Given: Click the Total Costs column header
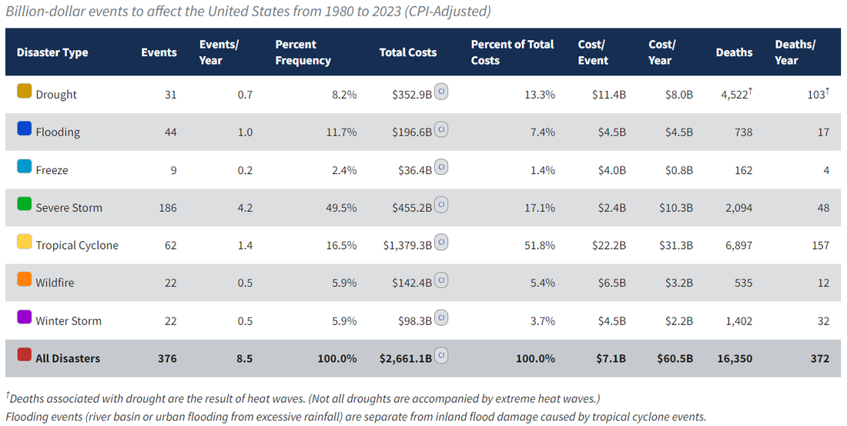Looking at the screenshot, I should tap(407, 52).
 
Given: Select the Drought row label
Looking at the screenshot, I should tap(56, 95).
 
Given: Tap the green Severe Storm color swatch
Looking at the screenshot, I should tap(24, 205).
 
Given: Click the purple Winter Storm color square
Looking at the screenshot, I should tap(24, 318).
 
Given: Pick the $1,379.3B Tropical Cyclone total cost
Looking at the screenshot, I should tap(407, 246).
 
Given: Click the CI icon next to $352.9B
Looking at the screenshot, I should tap(442, 91).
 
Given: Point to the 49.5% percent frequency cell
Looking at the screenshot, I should tap(341, 208).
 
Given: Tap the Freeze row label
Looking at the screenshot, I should tap(52, 170).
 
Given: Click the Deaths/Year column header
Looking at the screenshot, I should tap(795, 52).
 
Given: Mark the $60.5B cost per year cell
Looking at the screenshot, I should tap(675, 358).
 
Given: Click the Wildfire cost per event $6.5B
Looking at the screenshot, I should tap(609, 283).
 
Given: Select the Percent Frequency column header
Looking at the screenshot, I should tap(303, 52).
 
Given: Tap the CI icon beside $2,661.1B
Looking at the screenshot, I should tap(442, 355).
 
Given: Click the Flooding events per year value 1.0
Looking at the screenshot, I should tap(245, 132).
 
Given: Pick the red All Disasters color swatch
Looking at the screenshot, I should tap(24, 355).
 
